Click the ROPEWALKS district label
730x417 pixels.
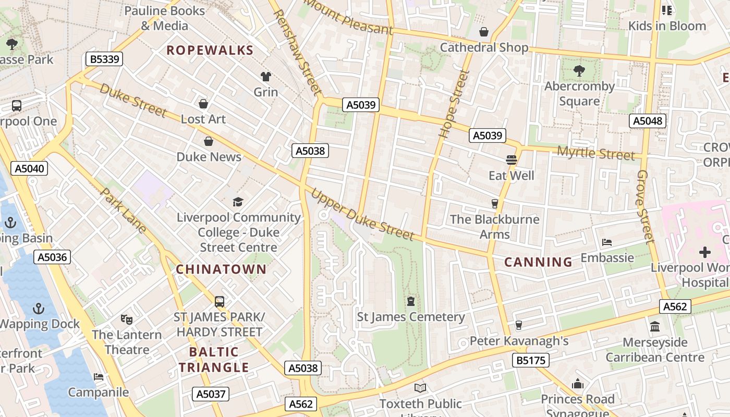pyautogui.click(x=210, y=51)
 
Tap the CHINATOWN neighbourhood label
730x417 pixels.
pyautogui.click(x=221, y=269)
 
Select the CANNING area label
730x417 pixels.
pyautogui.click(x=538, y=262)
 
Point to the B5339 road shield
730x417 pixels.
pyautogui.click(x=104, y=59)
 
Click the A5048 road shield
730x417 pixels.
pyautogui.click(x=647, y=121)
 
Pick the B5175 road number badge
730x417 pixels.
pyautogui.click(x=530, y=360)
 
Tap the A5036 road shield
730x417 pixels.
pyautogui.click(x=52, y=257)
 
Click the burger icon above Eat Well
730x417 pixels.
pyautogui.click(x=511, y=160)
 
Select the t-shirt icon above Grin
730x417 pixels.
pyautogui.click(x=266, y=77)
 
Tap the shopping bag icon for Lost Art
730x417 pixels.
pyautogui.click(x=203, y=104)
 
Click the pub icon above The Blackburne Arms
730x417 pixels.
pyautogui.click(x=495, y=204)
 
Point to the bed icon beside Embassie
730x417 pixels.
pyautogui.click(x=606, y=242)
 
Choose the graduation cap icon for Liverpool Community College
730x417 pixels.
pyautogui.click(x=238, y=202)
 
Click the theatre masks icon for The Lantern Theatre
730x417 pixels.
pyautogui.click(x=126, y=319)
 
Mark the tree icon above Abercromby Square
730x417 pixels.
pyautogui.click(x=579, y=71)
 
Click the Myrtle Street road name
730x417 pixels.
pyautogui.click(x=596, y=153)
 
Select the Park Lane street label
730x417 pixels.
pyautogui.click(x=123, y=212)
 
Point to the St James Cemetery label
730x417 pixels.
pyautogui.click(x=410, y=317)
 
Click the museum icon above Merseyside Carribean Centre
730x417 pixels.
pyautogui.click(x=655, y=327)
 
